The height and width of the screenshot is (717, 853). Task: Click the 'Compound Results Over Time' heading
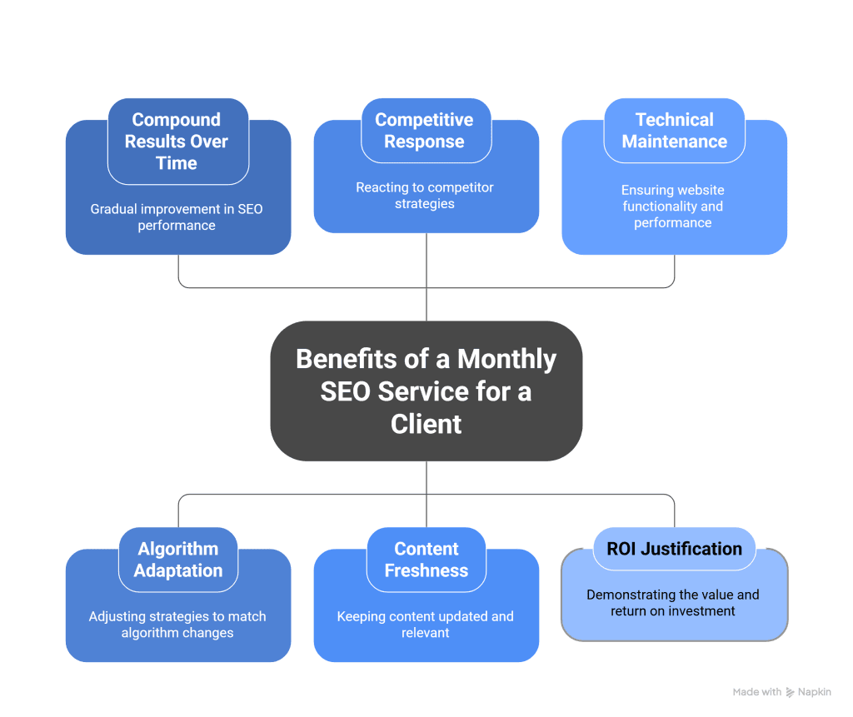pyautogui.click(x=177, y=142)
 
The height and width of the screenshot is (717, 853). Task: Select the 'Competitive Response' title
pyautogui.click(x=424, y=131)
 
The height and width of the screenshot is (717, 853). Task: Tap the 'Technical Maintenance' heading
pyautogui.click(x=674, y=131)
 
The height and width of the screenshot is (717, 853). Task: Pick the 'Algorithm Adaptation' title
pyautogui.click(x=178, y=560)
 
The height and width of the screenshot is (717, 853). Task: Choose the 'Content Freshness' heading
pyautogui.click(x=426, y=560)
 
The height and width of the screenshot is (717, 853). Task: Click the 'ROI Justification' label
pyautogui.click(x=674, y=549)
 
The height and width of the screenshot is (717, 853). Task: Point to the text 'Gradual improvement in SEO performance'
pyautogui.click(x=177, y=217)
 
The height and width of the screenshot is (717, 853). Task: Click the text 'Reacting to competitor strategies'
pyautogui.click(x=425, y=196)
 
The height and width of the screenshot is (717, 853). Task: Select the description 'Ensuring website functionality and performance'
pyautogui.click(x=673, y=207)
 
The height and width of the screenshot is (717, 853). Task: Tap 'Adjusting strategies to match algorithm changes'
pyautogui.click(x=177, y=625)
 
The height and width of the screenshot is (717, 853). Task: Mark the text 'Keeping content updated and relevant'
pyautogui.click(x=425, y=625)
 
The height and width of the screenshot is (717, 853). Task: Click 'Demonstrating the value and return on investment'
pyautogui.click(x=672, y=603)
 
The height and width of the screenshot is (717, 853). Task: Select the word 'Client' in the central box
pyautogui.click(x=426, y=424)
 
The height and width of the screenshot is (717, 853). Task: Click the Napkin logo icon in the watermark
pyautogui.click(x=790, y=692)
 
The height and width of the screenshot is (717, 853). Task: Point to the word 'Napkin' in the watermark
pyautogui.click(x=815, y=692)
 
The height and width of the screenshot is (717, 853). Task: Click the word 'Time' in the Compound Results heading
pyautogui.click(x=177, y=163)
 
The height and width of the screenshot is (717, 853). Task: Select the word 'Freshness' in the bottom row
pyautogui.click(x=426, y=570)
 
